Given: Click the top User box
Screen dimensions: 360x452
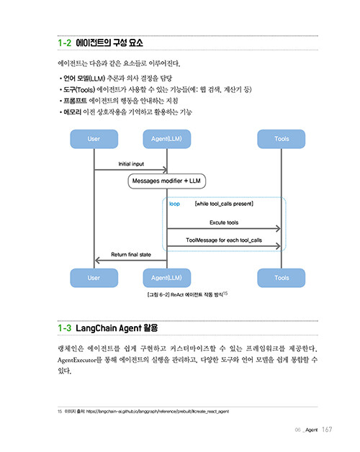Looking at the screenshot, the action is [x=94, y=139].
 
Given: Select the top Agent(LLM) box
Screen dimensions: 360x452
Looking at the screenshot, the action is [x=167, y=139].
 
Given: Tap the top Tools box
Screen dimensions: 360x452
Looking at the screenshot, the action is [x=282, y=139].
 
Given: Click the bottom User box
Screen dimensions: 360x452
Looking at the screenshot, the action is [x=94, y=278].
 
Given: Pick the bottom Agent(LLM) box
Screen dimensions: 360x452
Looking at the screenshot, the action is [x=167, y=278].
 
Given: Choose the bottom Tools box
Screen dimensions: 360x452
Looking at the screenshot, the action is [x=282, y=278].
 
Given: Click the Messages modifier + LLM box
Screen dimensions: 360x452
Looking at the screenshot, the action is [x=167, y=181].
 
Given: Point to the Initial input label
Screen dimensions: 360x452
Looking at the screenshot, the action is [x=131, y=163].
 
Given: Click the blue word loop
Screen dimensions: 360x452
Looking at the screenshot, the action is [x=174, y=204].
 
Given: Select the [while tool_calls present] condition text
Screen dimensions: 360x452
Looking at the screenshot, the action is [x=224, y=204].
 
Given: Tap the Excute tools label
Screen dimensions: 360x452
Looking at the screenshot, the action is [x=224, y=222].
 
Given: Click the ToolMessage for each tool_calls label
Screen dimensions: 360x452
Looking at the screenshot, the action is [x=224, y=240].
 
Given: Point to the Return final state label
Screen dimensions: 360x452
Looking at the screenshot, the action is [x=131, y=255].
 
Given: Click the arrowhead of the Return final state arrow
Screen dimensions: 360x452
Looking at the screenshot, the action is [x=97, y=261].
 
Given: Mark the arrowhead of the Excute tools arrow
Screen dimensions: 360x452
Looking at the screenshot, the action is [x=278, y=229].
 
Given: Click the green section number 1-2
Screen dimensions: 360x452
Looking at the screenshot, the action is [x=64, y=43].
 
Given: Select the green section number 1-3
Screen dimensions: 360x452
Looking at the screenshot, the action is [x=64, y=328].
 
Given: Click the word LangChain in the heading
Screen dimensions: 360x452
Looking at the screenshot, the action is [x=96, y=328].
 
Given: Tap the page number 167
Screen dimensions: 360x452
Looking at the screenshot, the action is [x=327, y=430].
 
